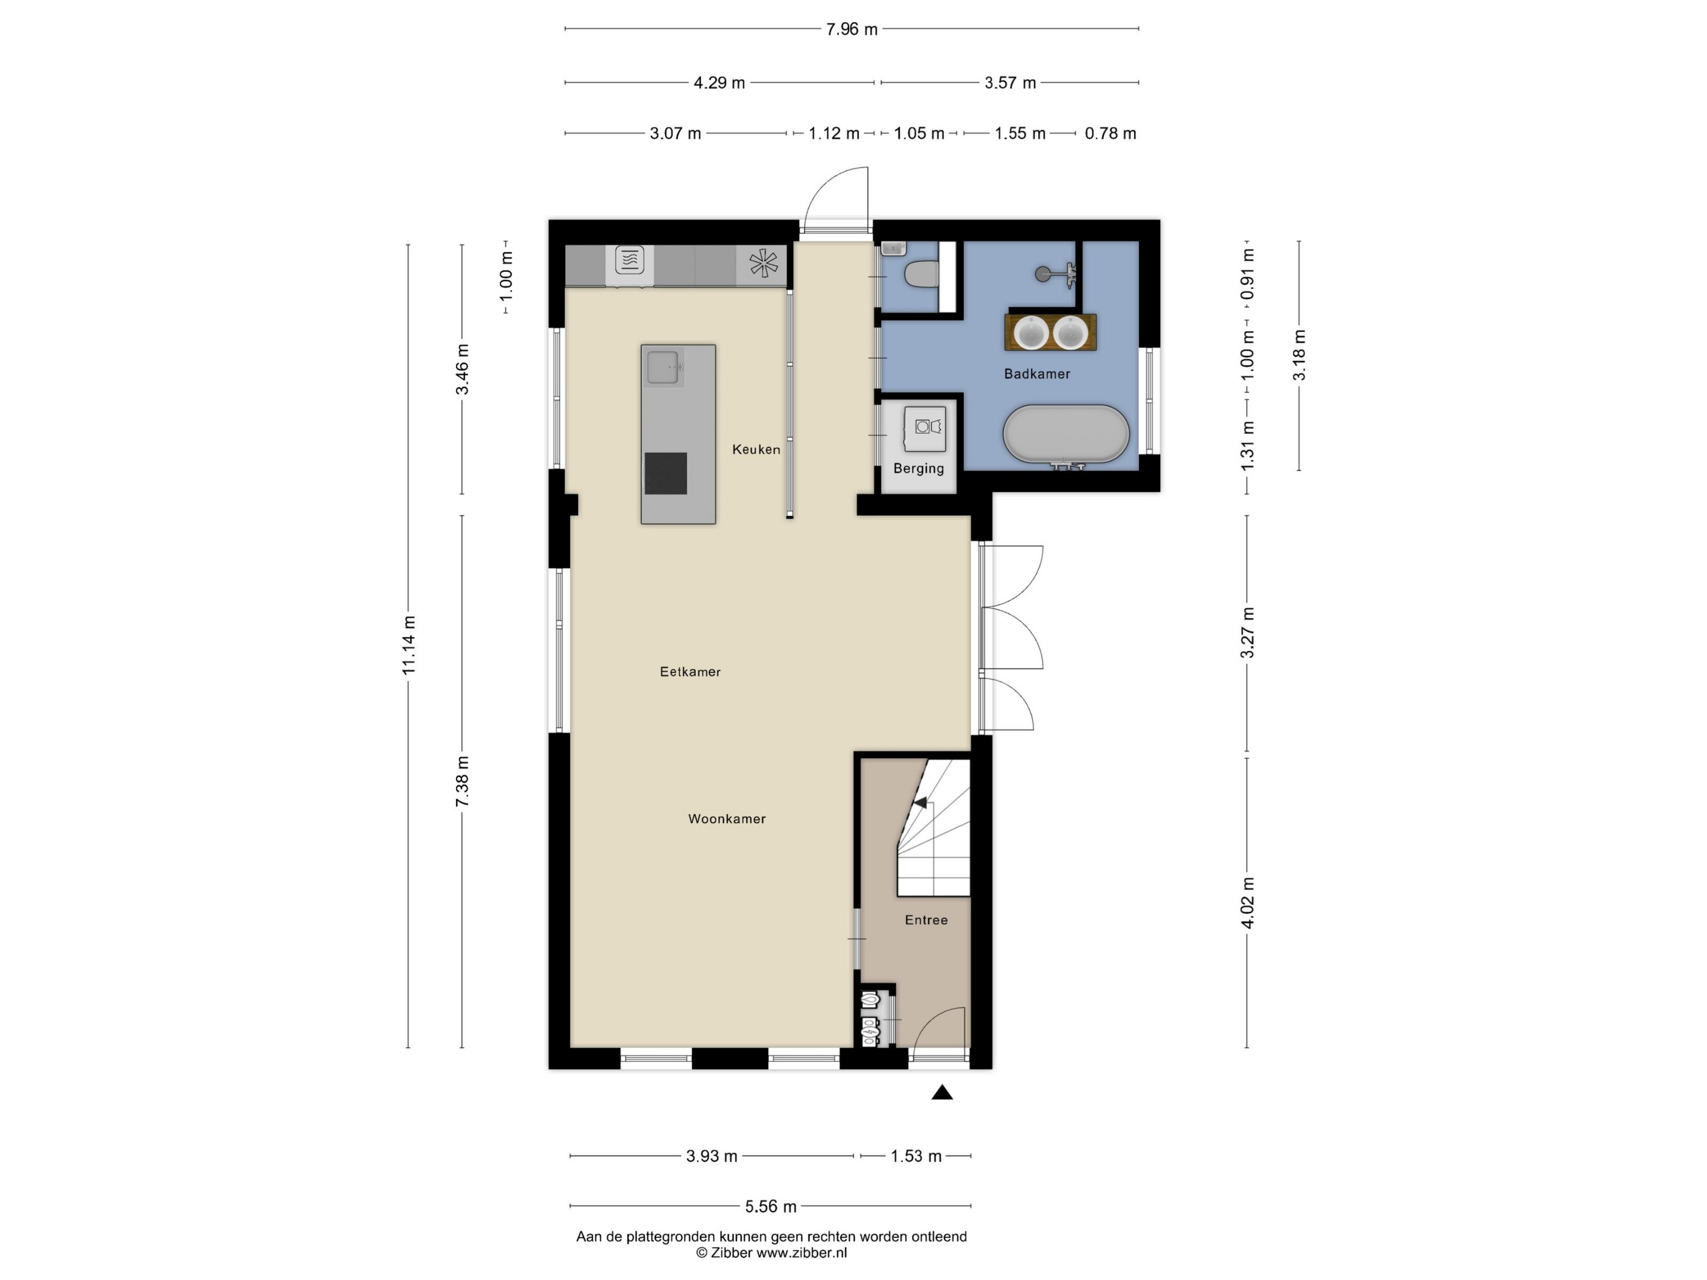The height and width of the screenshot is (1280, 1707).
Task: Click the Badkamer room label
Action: pos(1036,374)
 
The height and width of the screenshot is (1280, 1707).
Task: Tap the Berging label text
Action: pos(918,468)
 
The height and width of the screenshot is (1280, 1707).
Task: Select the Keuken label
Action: pos(757,449)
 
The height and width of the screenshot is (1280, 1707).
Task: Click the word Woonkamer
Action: pos(727,819)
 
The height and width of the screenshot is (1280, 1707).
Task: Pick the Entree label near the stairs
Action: pos(926,920)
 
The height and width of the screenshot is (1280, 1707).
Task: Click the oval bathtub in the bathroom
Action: pos(1066,435)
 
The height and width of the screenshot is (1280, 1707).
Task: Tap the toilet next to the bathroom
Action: pos(921,273)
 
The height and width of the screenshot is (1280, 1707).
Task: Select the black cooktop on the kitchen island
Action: pos(666,473)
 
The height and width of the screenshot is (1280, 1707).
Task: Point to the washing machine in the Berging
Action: pos(924,429)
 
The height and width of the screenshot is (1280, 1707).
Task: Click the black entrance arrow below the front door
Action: pos(941,1092)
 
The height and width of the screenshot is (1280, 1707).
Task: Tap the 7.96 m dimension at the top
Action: pos(851,29)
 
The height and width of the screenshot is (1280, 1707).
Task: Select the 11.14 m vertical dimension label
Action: pos(408,645)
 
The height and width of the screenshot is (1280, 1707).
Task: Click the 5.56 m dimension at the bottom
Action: pos(770,1206)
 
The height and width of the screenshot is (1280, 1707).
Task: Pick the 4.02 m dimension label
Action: pos(1247,903)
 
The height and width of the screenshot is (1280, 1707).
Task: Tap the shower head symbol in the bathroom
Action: pos(1042,272)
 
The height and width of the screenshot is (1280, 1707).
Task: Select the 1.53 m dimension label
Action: pos(916,1156)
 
